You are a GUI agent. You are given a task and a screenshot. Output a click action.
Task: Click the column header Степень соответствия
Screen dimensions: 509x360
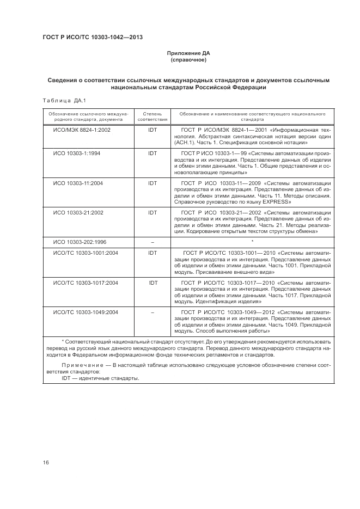[152, 116]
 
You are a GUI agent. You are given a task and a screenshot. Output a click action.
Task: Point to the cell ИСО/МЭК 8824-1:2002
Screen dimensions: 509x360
[81, 131]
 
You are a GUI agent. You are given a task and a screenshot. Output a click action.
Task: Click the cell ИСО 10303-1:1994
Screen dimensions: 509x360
[77, 154]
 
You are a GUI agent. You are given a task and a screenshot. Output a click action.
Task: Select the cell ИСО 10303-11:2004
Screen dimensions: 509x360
[78, 183]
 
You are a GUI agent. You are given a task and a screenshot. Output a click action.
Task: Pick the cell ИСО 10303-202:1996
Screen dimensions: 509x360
[80, 241]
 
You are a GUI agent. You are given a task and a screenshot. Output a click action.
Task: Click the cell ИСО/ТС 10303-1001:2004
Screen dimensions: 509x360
[85, 253]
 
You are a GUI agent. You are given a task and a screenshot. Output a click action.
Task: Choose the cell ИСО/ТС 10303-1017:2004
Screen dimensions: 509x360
[85, 283]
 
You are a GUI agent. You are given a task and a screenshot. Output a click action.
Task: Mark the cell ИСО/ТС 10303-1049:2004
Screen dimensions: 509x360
[85, 312]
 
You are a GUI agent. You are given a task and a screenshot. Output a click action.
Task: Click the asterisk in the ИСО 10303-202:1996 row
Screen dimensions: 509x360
[252, 241]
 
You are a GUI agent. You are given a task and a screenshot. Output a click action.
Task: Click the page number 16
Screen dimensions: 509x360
[46, 462]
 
